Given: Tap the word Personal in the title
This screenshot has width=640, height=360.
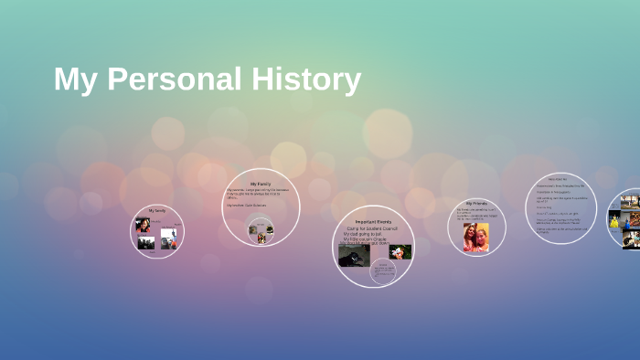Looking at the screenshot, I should pyautogui.click(x=173, y=80).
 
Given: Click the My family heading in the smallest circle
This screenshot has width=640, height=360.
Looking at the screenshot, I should pyautogui.click(x=157, y=211).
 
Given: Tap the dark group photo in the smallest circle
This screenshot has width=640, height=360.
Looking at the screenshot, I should pyautogui.click(x=145, y=243).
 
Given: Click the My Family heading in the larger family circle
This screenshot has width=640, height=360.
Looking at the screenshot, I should pyautogui.click(x=261, y=184).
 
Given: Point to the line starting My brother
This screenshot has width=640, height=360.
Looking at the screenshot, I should pyautogui.click(x=248, y=206).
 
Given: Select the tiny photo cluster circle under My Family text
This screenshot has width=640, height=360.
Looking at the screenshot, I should pyautogui.click(x=261, y=230).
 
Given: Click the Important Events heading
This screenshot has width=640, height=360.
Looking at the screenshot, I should pyautogui.click(x=373, y=222).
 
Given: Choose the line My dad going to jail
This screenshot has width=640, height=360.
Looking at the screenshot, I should pyautogui.click(x=365, y=234).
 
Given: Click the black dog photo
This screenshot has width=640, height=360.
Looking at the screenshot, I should pyautogui.click(x=353, y=255).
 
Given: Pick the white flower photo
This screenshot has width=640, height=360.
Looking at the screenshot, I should pyautogui.click(x=400, y=251).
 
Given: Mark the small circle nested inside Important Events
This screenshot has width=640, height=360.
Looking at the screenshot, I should pyautogui.click(x=382, y=271).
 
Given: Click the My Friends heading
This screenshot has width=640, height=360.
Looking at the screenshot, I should pyautogui.click(x=476, y=203).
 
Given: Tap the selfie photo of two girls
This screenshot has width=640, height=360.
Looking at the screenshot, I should pyautogui.click(x=475, y=237).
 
